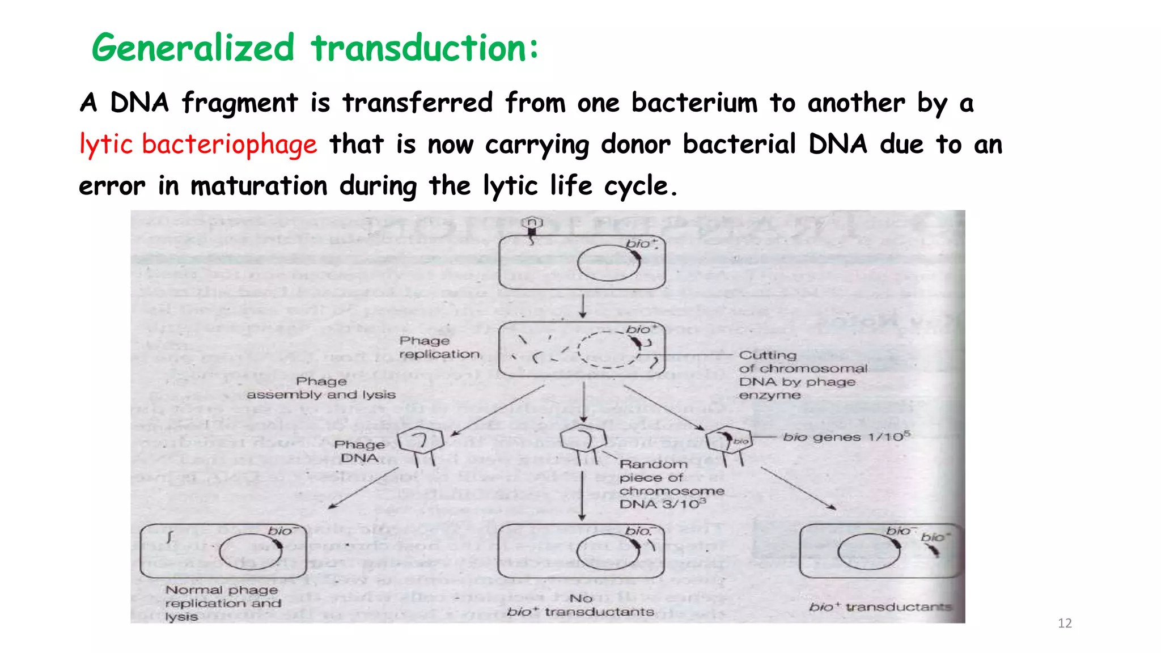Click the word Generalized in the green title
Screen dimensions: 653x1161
(x=193, y=48)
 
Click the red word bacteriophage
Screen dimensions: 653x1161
(x=229, y=144)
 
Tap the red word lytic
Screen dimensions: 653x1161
(x=106, y=144)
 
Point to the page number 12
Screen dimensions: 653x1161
(x=1065, y=624)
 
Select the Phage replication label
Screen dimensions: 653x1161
(x=439, y=347)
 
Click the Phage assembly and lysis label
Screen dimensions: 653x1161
(x=321, y=388)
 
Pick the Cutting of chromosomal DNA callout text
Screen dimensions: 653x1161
(x=802, y=375)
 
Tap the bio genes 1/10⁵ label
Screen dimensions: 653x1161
(x=846, y=437)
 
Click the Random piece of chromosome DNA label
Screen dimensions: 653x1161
(x=671, y=484)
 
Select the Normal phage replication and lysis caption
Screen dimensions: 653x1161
(x=222, y=603)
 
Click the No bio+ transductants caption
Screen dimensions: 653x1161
(x=580, y=605)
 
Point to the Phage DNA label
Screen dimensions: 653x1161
(x=359, y=451)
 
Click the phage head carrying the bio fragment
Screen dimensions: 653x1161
(x=728, y=439)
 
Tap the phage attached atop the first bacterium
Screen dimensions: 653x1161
(x=532, y=225)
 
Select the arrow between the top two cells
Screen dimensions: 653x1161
(x=583, y=306)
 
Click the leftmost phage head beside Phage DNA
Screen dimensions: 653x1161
(x=420, y=440)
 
